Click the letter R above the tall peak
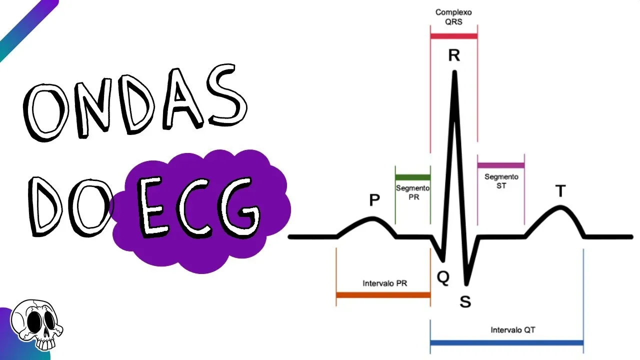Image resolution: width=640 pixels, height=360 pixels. point(453,55)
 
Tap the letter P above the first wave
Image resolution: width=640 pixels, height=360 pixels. point(374,200)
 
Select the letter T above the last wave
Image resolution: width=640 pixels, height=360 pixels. point(560,191)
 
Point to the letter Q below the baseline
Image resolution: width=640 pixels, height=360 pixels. point(443,277)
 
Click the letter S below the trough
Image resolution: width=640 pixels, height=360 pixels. point(465,301)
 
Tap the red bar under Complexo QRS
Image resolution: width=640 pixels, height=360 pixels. point(453,36)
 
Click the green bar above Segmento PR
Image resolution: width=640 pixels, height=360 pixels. point(412,177)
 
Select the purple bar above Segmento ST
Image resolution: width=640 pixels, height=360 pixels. point(500,165)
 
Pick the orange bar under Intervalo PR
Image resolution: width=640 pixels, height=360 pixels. point(383,295)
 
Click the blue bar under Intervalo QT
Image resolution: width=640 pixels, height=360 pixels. point(506,343)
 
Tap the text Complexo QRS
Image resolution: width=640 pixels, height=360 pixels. point(453,16)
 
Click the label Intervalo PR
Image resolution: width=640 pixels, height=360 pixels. point(384,283)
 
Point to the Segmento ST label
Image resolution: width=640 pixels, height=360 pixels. point(501,181)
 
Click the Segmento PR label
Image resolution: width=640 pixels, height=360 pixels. point(412,192)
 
